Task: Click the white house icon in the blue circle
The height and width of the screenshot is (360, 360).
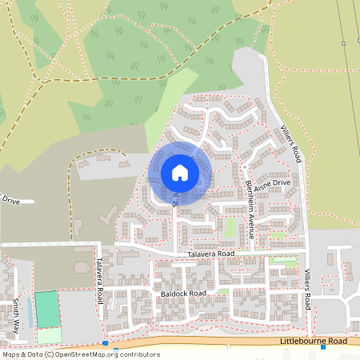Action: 179,172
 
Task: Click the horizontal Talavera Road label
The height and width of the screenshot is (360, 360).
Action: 210,254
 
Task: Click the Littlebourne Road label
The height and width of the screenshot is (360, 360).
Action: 314,341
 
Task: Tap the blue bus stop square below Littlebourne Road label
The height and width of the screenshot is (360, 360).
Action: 323,348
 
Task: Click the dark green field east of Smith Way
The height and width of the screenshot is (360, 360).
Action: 48,310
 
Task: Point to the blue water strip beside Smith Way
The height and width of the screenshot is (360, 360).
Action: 30,312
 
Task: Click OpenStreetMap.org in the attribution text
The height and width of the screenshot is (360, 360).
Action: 88,354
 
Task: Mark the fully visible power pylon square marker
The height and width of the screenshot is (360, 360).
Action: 343,43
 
